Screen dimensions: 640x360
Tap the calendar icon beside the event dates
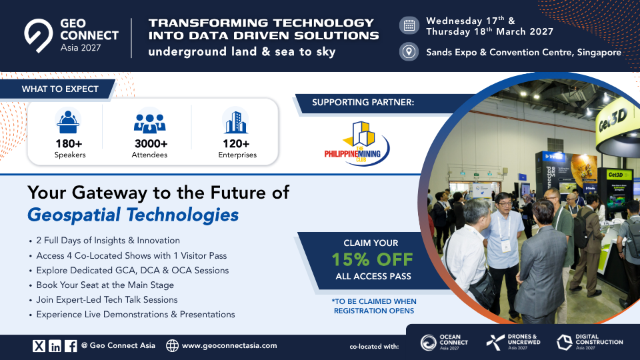[409, 25]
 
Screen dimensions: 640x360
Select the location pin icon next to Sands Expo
[409, 52]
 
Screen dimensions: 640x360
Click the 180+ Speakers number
[69, 144]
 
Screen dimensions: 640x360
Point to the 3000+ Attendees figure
[151, 144]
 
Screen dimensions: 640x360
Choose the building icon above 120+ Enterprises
[236, 122]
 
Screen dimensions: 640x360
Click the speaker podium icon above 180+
[68, 121]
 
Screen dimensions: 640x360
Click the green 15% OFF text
[372, 259]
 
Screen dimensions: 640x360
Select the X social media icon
[39, 346]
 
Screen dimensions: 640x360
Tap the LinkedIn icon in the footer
[55, 346]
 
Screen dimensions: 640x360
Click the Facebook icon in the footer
[71, 346]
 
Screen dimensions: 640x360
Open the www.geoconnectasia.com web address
[229, 346]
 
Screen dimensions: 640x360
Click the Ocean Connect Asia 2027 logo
[445, 343]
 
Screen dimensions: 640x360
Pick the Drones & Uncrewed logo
[513, 343]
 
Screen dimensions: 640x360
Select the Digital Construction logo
[590, 343]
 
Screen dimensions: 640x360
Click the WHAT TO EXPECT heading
[60, 89]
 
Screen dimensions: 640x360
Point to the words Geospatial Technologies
[133, 215]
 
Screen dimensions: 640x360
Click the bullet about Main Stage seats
[105, 285]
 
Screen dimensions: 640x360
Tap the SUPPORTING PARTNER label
[363, 103]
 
